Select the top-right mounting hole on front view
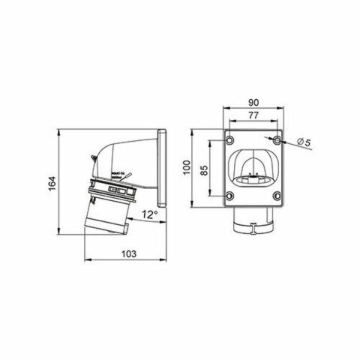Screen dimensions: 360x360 point(278,141)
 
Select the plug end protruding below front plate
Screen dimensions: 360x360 point(255,221)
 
